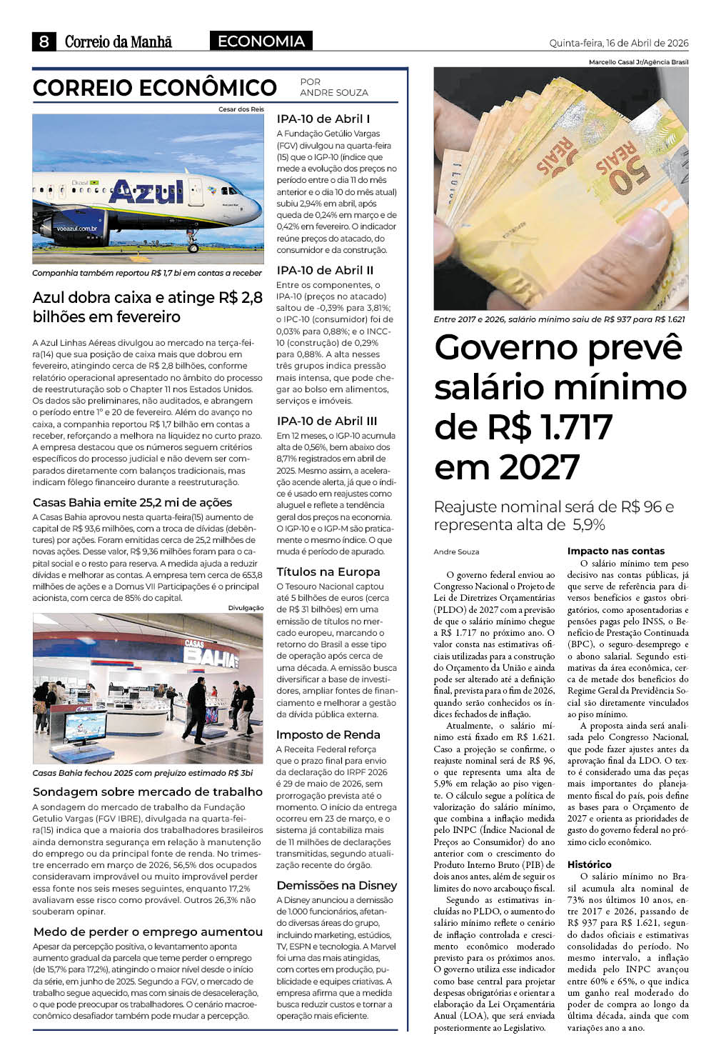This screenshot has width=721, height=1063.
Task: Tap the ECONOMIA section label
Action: pyautogui.click(x=261, y=41)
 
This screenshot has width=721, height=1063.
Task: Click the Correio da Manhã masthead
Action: pyautogui.click(x=119, y=42)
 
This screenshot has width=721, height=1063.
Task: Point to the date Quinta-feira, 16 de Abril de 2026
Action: pyautogui.click(x=619, y=43)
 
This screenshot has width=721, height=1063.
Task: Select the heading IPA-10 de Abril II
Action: pyautogui.click(x=325, y=270)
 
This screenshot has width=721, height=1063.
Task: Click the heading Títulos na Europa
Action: pyautogui.click(x=328, y=572)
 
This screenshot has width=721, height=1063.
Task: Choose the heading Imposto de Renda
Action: pyautogui.click(x=328, y=734)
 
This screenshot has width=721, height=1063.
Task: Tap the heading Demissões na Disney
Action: pyautogui.click(x=337, y=885)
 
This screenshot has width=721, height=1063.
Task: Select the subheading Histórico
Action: pyautogui.click(x=589, y=864)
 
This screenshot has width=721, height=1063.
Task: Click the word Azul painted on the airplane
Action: pyautogui.click(x=147, y=191)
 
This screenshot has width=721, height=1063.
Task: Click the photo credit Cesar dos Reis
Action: pyautogui.click(x=241, y=109)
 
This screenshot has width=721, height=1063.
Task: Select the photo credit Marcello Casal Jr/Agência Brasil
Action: pyautogui.click(x=638, y=62)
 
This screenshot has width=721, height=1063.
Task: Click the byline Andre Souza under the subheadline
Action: pyautogui.click(x=456, y=552)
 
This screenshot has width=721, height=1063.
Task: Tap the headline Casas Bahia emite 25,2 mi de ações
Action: pyautogui.click(x=133, y=502)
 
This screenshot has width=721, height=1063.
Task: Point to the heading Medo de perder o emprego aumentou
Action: pyautogui.click(x=148, y=932)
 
